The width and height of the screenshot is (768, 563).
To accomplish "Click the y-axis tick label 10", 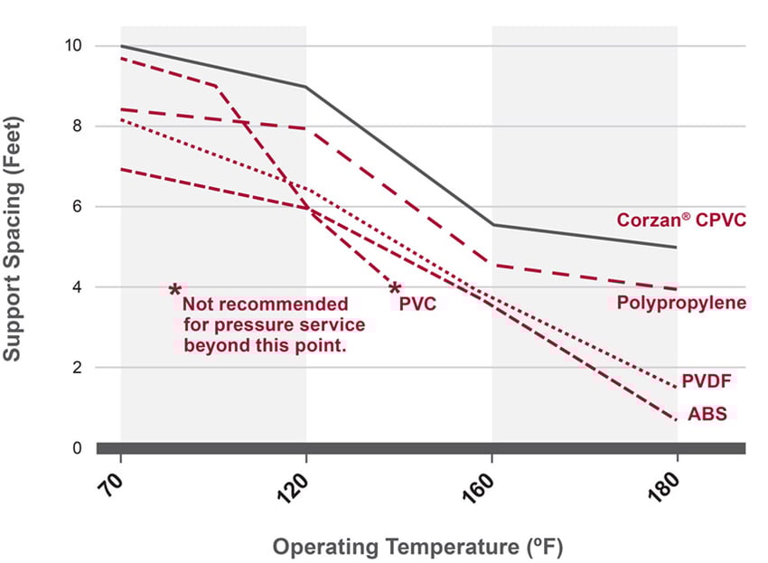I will click(x=73, y=45).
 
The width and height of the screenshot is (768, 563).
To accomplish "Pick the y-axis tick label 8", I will click(x=78, y=127).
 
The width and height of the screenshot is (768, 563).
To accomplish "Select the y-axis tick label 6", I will click(x=78, y=207).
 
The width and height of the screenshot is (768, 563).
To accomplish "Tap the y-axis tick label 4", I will click(x=78, y=287).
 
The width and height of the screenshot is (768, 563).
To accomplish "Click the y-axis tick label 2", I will click(x=78, y=368).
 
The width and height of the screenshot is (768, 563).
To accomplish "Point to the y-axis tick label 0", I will click(x=78, y=448).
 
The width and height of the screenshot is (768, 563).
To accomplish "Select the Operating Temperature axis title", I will click(x=418, y=547).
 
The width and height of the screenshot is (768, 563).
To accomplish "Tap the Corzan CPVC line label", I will click(x=681, y=220).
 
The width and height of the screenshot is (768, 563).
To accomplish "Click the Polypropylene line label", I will click(x=681, y=303).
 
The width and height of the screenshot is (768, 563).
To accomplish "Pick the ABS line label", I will click(x=707, y=415).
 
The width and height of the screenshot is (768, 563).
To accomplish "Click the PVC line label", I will click(x=417, y=304).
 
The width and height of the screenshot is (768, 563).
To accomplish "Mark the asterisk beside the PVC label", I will click(x=394, y=289).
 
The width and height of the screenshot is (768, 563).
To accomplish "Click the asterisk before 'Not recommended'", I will click(x=174, y=291).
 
